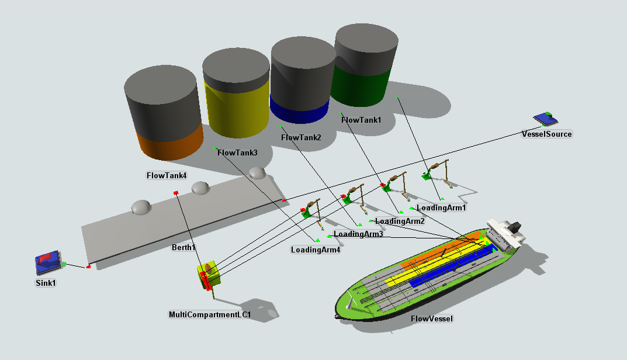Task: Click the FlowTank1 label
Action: click(x=361, y=120)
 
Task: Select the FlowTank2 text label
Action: click(x=302, y=138)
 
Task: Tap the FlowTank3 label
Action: click(x=237, y=153)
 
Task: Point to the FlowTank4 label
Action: click(x=167, y=175)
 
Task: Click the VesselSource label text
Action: click(x=546, y=134)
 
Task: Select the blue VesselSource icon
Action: click(x=547, y=119)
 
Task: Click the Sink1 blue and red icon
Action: click(x=47, y=264)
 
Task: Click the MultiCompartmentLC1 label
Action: click(x=210, y=315)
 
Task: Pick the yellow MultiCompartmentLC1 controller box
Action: click(x=208, y=275)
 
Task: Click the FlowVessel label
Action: click(x=432, y=319)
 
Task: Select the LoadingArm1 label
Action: click(x=442, y=207)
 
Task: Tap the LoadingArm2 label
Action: click(x=400, y=221)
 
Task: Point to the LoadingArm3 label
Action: click(x=358, y=234)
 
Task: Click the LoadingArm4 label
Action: click(x=315, y=250)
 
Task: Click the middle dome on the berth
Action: click(x=200, y=188)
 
